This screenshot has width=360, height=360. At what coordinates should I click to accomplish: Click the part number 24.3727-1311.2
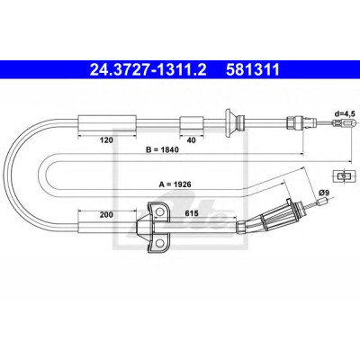148,70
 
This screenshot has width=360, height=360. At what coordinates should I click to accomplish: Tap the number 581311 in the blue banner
253,70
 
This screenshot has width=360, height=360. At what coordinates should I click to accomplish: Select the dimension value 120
107,139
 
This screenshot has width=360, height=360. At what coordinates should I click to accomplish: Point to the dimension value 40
191,140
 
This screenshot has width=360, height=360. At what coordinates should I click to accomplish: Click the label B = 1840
162,149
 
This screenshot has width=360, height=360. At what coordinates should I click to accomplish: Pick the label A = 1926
175,184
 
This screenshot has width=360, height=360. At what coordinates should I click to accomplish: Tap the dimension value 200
107,214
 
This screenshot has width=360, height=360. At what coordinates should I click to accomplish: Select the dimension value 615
192,213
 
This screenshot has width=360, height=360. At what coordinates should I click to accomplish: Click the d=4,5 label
345,113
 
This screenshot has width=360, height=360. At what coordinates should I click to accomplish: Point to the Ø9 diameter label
324,193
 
